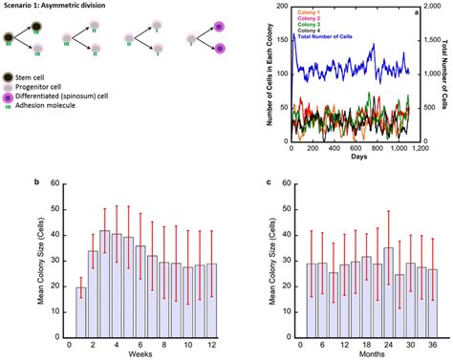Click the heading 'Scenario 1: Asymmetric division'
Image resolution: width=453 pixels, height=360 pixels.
[x=53, y=8]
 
